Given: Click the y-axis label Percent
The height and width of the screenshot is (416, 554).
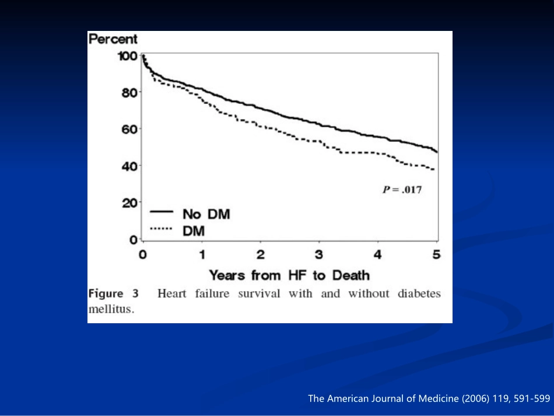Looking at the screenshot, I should pyautogui.click(x=113, y=40).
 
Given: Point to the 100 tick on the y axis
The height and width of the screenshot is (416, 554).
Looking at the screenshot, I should pyautogui.click(x=128, y=56).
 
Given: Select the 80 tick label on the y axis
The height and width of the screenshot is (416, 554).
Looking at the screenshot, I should pyautogui.click(x=130, y=92).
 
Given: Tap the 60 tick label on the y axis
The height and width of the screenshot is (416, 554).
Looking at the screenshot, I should pyautogui.click(x=130, y=129).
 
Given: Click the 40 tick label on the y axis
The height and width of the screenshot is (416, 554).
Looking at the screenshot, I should pyautogui.click(x=130, y=166).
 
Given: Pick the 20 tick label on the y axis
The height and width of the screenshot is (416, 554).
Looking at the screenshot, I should pyautogui.click(x=130, y=202).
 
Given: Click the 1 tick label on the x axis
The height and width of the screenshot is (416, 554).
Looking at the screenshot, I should pyautogui.click(x=202, y=254).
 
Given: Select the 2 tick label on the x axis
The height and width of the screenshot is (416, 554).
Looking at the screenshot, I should pyautogui.click(x=261, y=254).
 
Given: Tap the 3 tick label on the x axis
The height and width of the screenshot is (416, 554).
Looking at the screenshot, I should pyautogui.click(x=319, y=254).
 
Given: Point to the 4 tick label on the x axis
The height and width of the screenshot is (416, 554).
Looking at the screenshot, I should pyautogui.click(x=378, y=254).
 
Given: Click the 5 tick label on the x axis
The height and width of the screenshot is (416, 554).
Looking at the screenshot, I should pyautogui.click(x=436, y=254).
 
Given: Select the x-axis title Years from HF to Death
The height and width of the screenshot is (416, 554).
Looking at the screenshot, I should pyautogui.click(x=289, y=274).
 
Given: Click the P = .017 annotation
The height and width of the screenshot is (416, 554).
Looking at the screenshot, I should pyautogui.click(x=401, y=189).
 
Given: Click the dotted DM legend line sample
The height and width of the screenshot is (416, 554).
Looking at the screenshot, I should pyautogui.click(x=160, y=229).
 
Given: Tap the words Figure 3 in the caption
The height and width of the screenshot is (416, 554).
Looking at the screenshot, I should pyautogui.click(x=114, y=293).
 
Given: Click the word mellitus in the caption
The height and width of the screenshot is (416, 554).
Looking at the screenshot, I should pyautogui.click(x=111, y=309).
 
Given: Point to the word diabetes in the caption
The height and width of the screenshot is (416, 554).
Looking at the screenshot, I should pyautogui.click(x=419, y=293).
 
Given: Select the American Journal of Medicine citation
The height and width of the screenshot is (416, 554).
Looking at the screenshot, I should pyautogui.click(x=429, y=399).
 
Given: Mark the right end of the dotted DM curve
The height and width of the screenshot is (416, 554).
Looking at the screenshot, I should pyautogui.click(x=434, y=170).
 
